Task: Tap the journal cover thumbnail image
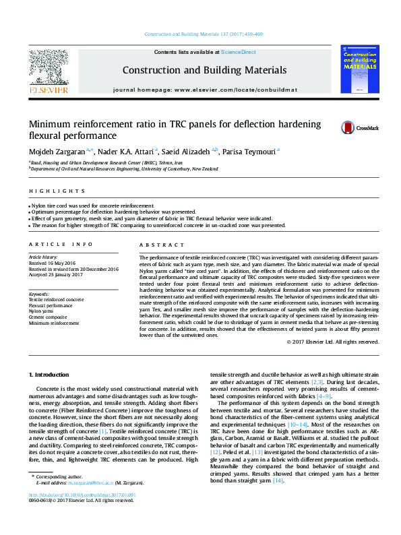click(360, 69)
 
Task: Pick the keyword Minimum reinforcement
click(53, 323)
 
